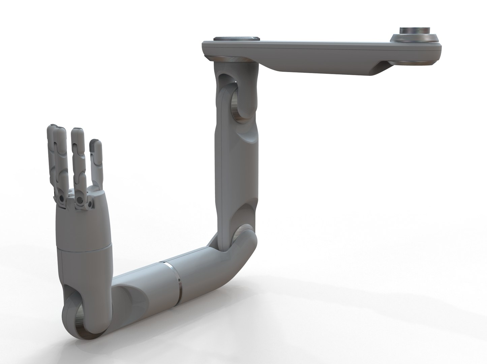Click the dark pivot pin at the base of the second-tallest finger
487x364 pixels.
tap(61, 200)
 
